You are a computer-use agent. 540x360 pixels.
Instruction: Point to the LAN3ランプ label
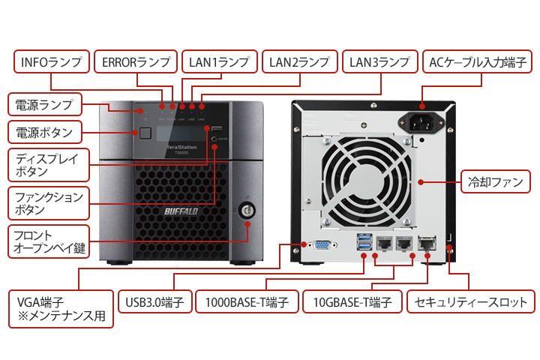(x=379, y=61)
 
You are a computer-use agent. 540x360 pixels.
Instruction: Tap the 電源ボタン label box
(x=45, y=133)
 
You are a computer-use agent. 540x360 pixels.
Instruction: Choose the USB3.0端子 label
(x=155, y=302)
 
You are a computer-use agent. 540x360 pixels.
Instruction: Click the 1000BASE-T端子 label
(x=247, y=302)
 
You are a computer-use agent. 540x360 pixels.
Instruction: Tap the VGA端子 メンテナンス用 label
(x=61, y=309)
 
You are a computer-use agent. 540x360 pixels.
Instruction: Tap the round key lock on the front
(x=245, y=209)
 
